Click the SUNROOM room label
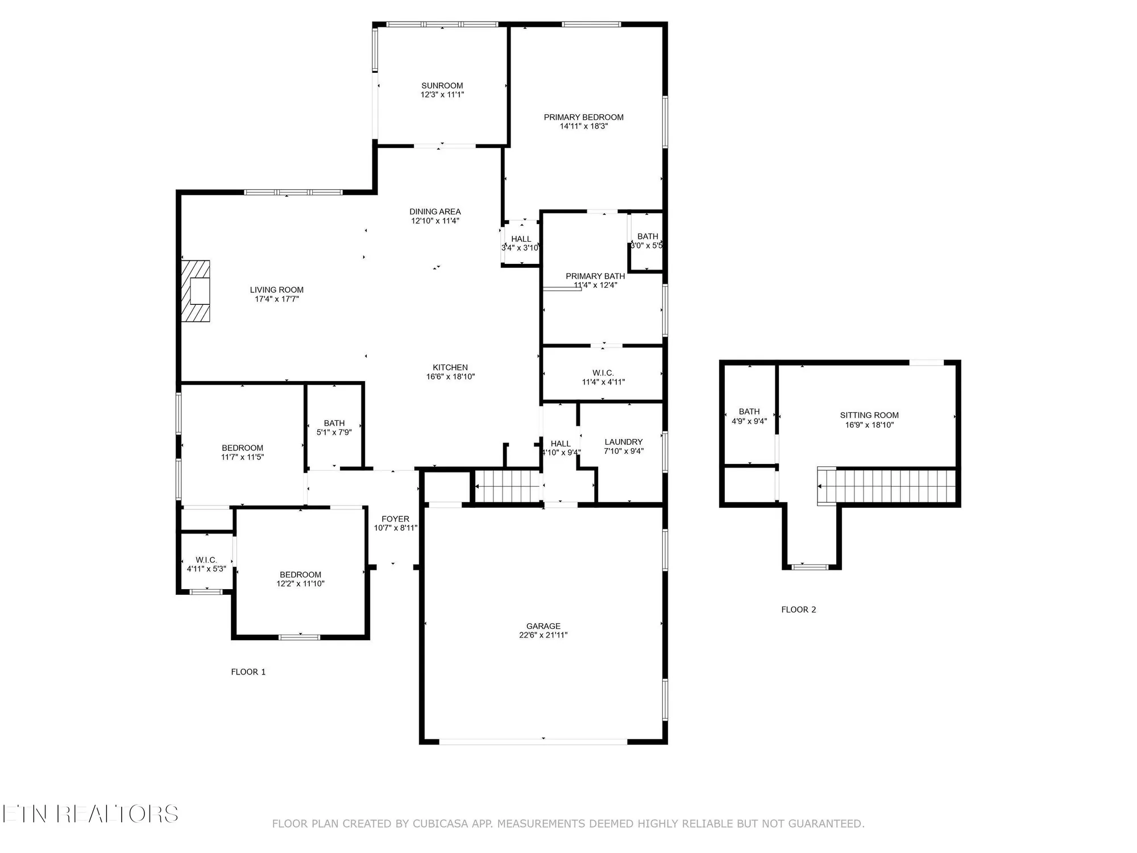coord(442,86)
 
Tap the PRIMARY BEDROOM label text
coord(583,117)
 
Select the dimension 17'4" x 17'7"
coord(276,299)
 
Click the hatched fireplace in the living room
coord(196,291)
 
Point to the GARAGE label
coord(543,626)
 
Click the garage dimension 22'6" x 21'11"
coord(543,635)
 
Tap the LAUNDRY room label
coord(623,442)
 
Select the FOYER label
coord(395,519)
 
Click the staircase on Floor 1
coord(507,487)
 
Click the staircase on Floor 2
coord(887,486)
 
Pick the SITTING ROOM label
coord(869,415)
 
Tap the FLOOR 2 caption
coord(798,610)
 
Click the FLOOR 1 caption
coord(248,672)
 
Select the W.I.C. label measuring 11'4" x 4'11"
coord(603,373)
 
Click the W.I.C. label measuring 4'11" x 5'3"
coord(206,560)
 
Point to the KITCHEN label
coord(450,367)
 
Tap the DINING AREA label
coord(435,212)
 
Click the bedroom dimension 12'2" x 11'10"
coord(300,584)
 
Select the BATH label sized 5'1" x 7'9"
coord(334,423)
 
